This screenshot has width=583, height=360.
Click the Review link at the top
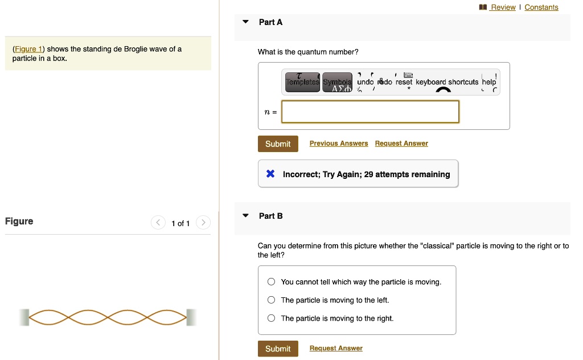coord(503,7)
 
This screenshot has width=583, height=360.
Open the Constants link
coord(541,7)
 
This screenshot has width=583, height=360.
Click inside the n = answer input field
coord(370,112)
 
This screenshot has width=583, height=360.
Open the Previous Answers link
coord(339,144)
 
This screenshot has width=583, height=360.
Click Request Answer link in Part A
coord(401,144)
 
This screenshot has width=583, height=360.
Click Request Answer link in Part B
coord(336,349)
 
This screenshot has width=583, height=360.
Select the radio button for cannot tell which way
coord(272,282)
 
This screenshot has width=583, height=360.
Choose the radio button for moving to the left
coord(272,300)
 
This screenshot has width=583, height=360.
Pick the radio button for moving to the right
coord(272,318)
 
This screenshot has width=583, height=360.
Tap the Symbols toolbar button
coord(338,83)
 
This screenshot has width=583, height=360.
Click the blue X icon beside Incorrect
coord(271,174)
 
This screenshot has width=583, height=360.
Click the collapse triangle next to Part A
coord(245,22)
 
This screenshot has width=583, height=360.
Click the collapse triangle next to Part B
coord(245,216)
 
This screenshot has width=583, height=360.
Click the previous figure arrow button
coord(158,223)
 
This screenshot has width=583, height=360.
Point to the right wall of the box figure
coord(191,317)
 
